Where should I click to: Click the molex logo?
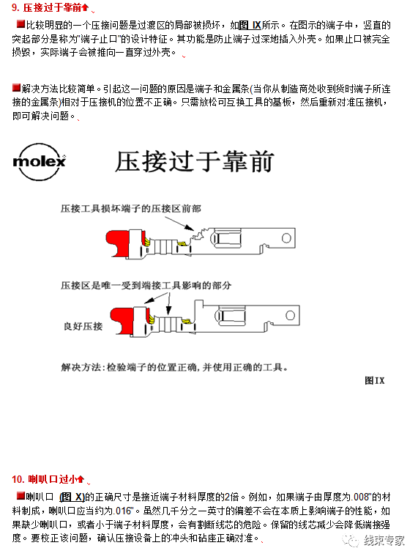coord(40,160)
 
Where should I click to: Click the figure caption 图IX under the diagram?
coord(374,380)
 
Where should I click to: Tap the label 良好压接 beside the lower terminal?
coord(83,324)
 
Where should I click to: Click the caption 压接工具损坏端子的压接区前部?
coord(131,209)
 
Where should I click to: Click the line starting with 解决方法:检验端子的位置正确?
coord(174,366)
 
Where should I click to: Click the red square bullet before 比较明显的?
coord(20,25)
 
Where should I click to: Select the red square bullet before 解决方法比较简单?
coord(16,88)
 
